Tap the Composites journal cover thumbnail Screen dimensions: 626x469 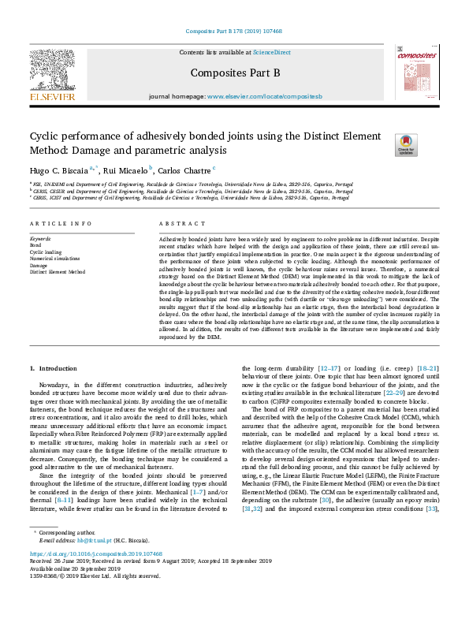tap(415, 73)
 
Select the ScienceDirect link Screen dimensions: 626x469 tap(272, 52)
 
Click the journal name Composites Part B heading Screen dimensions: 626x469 tap(235, 73)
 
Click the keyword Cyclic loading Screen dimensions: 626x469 tap(45, 252)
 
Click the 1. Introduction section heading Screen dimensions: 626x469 tap(54, 368)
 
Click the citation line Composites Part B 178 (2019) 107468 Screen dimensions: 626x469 tap(234, 32)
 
